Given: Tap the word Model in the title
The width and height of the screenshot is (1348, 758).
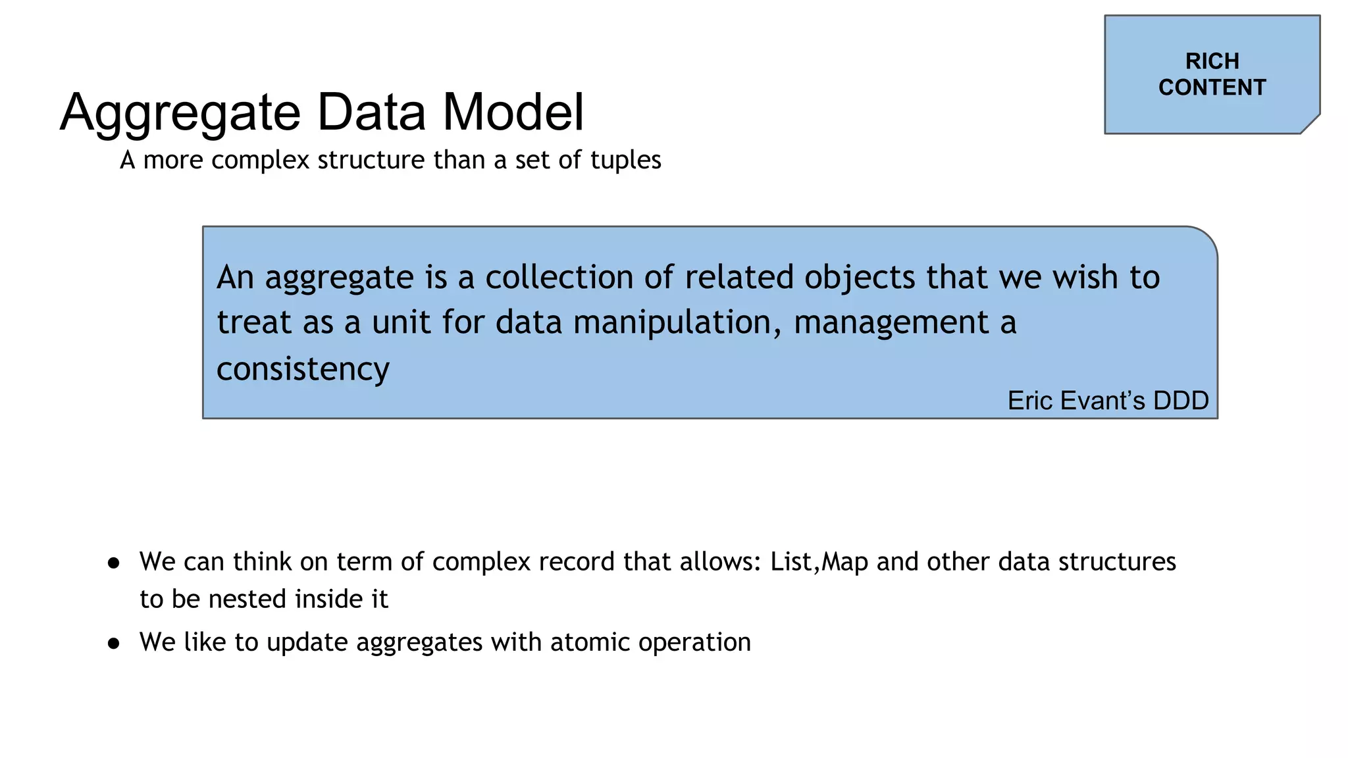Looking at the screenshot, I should click(513, 112).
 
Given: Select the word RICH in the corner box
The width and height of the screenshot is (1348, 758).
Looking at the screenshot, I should click(1212, 61).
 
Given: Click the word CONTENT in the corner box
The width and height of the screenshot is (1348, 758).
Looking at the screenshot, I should click(1212, 88).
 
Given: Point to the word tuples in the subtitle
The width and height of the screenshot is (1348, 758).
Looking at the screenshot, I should click(625, 160).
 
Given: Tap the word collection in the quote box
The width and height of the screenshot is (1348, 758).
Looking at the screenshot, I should click(559, 277).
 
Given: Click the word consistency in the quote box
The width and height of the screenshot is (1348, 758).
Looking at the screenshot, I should click(303, 368).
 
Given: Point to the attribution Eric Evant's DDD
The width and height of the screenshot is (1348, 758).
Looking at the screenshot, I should click(1108, 401).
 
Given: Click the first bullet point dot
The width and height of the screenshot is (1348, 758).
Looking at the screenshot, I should click(114, 563).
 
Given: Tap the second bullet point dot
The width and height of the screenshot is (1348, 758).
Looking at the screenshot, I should click(114, 643).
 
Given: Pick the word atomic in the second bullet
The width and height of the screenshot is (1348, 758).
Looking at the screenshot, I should click(590, 642).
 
